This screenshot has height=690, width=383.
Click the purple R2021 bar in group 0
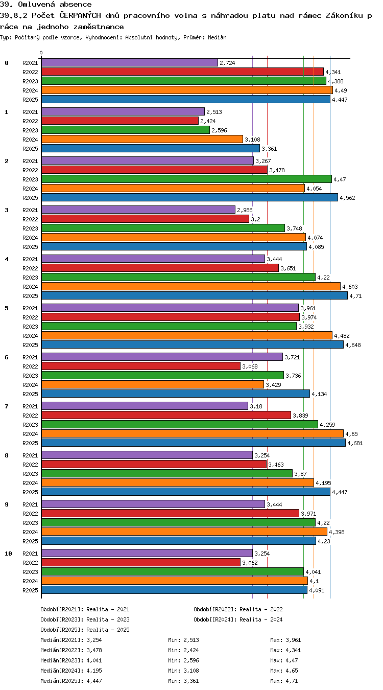pyautogui.click(x=130, y=62)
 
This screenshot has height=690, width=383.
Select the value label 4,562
pyautogui.click(x=347, y=198)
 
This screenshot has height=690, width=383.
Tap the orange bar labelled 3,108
pyautogui.click(x=142, y=139)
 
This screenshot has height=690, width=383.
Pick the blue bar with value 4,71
pyautogui.click(x=195, y=296)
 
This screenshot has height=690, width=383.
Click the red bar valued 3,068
pyautogui.click(x=141, y=366)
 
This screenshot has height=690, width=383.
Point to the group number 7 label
pyautogui.click(x=7, y=406)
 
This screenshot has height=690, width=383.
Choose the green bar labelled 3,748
pyautogui.click(x=163, y=228)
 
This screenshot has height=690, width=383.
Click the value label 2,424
pyautogui.click(x=208, y=121)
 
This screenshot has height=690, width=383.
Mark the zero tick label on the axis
pyautogui.click(x=41, y=53)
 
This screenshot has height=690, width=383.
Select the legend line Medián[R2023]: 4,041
pyautogui.click(x=71, y=660)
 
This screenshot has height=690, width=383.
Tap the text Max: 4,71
pyautogui.click(x=284, y=681)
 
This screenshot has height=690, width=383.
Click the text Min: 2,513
pyautogui.click(x=183, y=640)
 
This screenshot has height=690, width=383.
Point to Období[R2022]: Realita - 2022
pyautogui.click(x=238, y=609)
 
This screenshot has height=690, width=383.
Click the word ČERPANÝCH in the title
pyautogui.click(x=80, y=15)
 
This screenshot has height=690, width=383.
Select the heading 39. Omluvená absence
pyautogui.click(x=46, y=4)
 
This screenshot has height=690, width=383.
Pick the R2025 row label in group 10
pyautogui.click(x=30, y=590)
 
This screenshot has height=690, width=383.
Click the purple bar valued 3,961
pyautogui.click(x=170, y=308)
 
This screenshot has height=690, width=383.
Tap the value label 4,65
pyautogui.click(x=351, y=434)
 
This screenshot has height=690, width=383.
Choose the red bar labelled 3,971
pyautogui.click(x=170, y=514)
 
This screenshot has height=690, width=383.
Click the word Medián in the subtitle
pyautogui.click(x=217, y=38)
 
